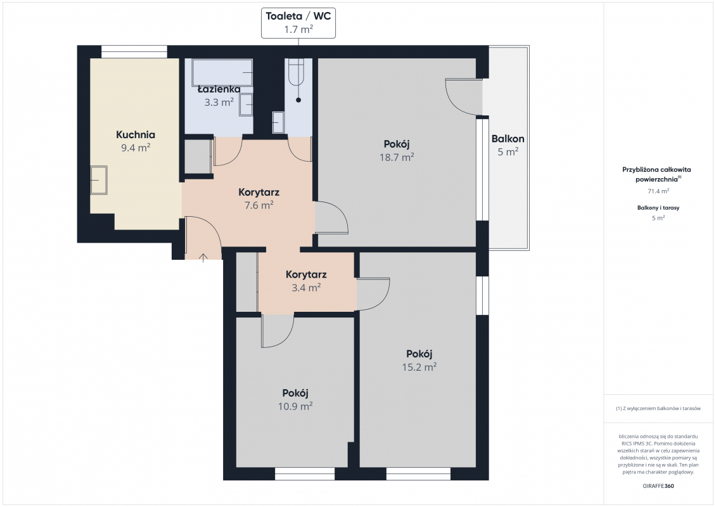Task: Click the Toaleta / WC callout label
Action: coord(298,23)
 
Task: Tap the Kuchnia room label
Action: coord(136,135)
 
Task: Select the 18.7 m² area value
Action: coord(397,157)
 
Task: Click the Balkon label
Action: coord(508,139)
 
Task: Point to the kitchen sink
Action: coord(99,180)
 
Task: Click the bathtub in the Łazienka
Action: coord(222,72)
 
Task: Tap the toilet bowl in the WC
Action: coord(295,72)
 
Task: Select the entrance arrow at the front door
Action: coord(203,257)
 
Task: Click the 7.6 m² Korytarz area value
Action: coord(259,205)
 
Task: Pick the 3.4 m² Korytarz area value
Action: coord(306,288)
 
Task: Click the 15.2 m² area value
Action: coord(419,367)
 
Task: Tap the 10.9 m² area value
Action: coord(295,406)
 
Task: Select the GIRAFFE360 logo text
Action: coord(658,486)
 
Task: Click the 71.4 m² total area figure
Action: coord(658,191)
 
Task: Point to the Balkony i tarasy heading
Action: coord(658,208)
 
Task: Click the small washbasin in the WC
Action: coord(278,122)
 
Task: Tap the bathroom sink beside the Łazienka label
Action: coord(246,105)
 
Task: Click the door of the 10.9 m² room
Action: coord(278,331)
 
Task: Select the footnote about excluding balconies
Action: coord(658,408)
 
